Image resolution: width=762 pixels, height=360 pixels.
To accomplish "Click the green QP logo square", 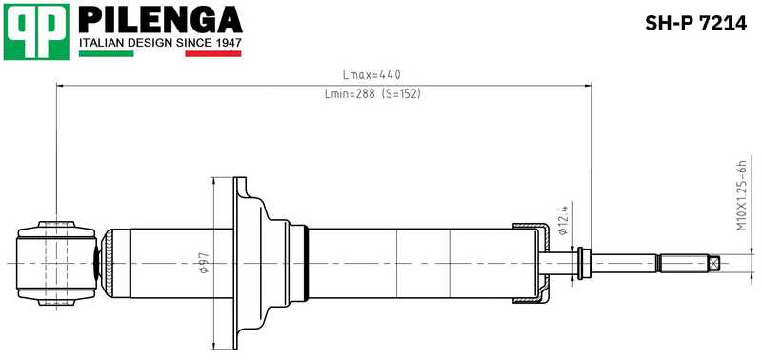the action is click(x=36, y=31).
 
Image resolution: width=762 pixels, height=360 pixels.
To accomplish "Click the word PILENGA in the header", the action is click(x=160, y=19).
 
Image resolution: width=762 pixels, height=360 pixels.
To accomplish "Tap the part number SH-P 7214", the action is click(x=695, y=23).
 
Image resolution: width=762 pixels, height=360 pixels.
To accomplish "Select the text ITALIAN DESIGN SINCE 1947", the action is click(x=160, y=43).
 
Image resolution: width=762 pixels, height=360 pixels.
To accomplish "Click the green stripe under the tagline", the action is click(x=106, y=54).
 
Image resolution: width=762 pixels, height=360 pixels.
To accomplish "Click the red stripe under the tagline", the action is click(x=213, y=54).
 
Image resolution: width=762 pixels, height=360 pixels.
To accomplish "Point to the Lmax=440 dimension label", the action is click(x=371, y=75).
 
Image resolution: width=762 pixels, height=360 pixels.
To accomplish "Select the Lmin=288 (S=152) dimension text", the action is click(x=372, y=93).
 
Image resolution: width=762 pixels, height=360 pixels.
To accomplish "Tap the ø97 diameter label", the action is click(x=204, y=263).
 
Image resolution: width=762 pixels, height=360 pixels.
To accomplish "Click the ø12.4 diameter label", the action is click(x=564, y=219).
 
